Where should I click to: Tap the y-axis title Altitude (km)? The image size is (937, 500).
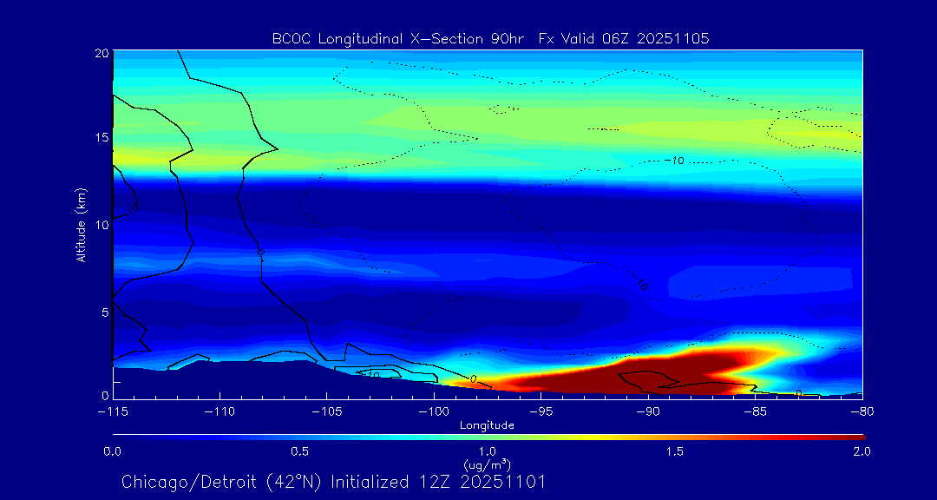point(81,225)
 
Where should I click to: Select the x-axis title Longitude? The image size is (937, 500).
point(487,425)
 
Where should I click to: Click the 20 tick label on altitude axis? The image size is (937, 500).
point(101,53)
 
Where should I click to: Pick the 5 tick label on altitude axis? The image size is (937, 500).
point(103,311)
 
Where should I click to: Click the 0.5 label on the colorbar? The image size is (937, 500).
point(300,451)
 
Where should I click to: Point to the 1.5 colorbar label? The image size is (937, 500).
point(675,451)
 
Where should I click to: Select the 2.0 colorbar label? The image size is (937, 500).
point(862,451)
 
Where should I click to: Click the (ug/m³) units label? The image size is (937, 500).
point(488,464)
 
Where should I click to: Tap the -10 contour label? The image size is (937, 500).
point(674,161)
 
